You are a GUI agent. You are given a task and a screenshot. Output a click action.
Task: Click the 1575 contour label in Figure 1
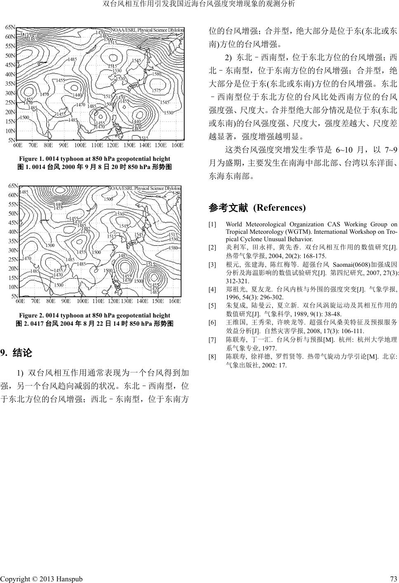click(156, 91)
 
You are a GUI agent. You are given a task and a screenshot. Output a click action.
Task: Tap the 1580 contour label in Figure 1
click(157, 74)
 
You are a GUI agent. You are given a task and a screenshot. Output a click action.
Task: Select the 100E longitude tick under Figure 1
click(80, 145)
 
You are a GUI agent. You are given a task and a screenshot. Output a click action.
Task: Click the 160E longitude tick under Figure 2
click(175, 301)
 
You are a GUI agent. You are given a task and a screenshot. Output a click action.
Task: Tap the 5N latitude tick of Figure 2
click(14, 296)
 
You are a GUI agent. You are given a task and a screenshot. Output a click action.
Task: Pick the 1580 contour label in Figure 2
click(173, 248)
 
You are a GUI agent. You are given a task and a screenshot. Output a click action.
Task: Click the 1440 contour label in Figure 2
click(58, 204)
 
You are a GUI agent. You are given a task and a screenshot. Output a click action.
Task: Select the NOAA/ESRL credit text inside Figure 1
click(147, 30)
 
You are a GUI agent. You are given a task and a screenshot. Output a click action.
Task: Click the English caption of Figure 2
click(94, 315)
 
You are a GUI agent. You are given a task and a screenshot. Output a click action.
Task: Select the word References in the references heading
click(279, 207)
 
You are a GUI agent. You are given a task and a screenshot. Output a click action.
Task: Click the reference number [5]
click(212, 306)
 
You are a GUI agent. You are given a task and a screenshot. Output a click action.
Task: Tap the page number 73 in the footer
click(393, 579)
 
